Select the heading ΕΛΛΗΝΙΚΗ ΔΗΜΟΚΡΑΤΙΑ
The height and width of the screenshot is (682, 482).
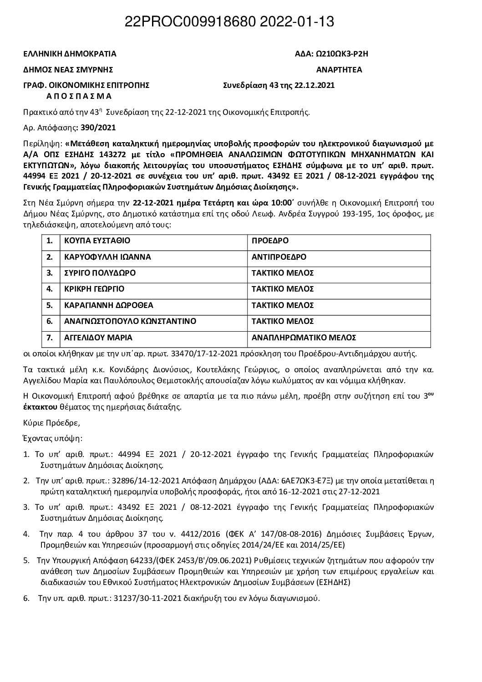[70, 54]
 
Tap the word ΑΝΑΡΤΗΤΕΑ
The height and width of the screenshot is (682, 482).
[339, 70]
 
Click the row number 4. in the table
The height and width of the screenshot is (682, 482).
[50, 289]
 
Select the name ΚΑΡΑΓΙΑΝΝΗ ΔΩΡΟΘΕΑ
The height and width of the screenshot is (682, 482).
[109, 305]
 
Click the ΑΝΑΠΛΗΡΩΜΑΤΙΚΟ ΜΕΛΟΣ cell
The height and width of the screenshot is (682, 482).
[304, 338]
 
